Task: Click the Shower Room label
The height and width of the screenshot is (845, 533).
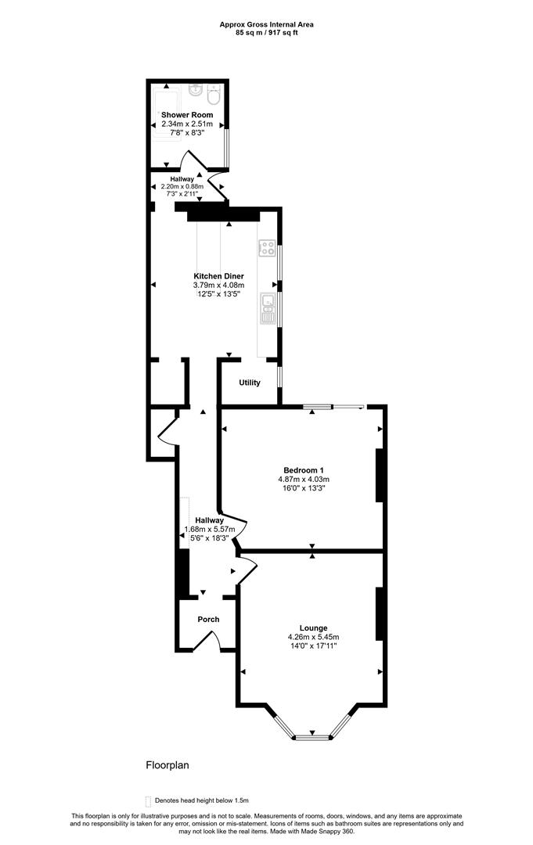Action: pyautogui.click(x=187, y=115)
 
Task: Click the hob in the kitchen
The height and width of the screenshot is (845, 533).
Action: pyautogui.click(x=268, y=248)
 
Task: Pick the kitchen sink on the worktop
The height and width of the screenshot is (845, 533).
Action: pyautogui.click(x=268, y=307)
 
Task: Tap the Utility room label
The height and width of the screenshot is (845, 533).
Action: pyautogui.click(x=250, y=383)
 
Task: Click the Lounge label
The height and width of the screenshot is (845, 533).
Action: pyautogui.click(x=314, y=627)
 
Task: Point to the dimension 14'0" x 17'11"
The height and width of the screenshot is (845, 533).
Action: pyautogui.click(x=314, y=645)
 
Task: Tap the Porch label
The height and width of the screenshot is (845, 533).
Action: pyautogui.click(x=208, y=619)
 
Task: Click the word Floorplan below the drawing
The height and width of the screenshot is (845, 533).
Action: pyautogui.click(x=167, y=764)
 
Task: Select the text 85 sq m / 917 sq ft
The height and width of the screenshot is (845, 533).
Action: pyautogui.click(x=267, y=32)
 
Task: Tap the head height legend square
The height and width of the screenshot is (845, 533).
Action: pyautogui.click(x=148, y=801)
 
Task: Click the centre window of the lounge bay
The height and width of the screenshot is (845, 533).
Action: pyautogui.click(x=312, y=737)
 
